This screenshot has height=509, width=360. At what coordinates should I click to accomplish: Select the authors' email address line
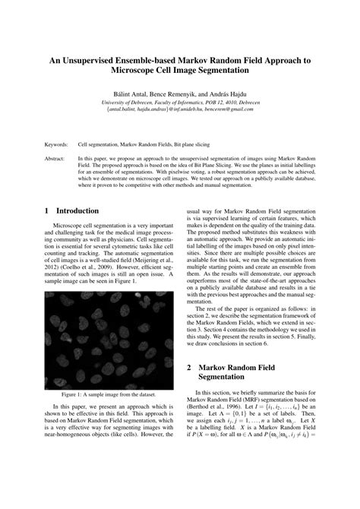180,109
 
